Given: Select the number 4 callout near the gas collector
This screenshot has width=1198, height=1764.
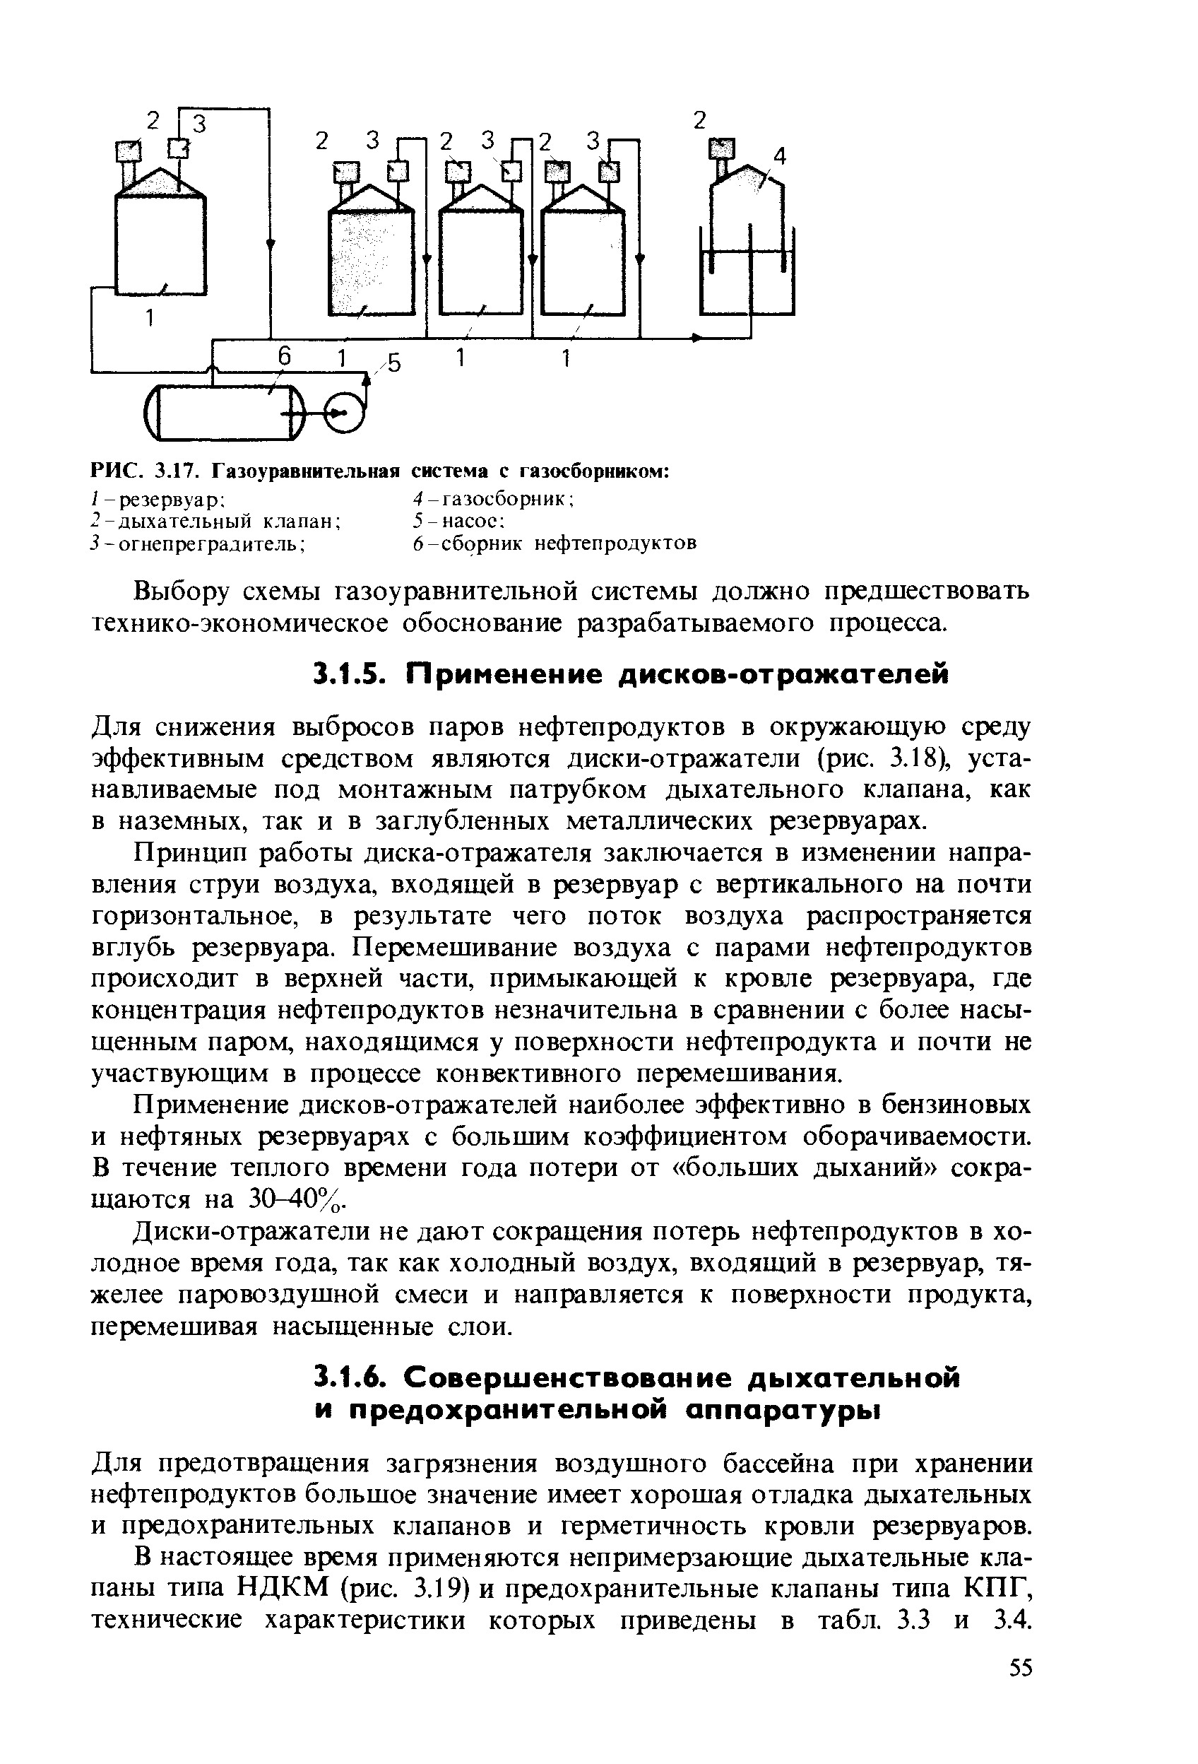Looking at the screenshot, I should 779,157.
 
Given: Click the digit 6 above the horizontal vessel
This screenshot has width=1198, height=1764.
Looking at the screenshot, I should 284,356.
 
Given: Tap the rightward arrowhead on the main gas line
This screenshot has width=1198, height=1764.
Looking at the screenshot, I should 697,338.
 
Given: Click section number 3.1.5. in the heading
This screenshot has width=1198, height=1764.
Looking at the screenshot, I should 351,674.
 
